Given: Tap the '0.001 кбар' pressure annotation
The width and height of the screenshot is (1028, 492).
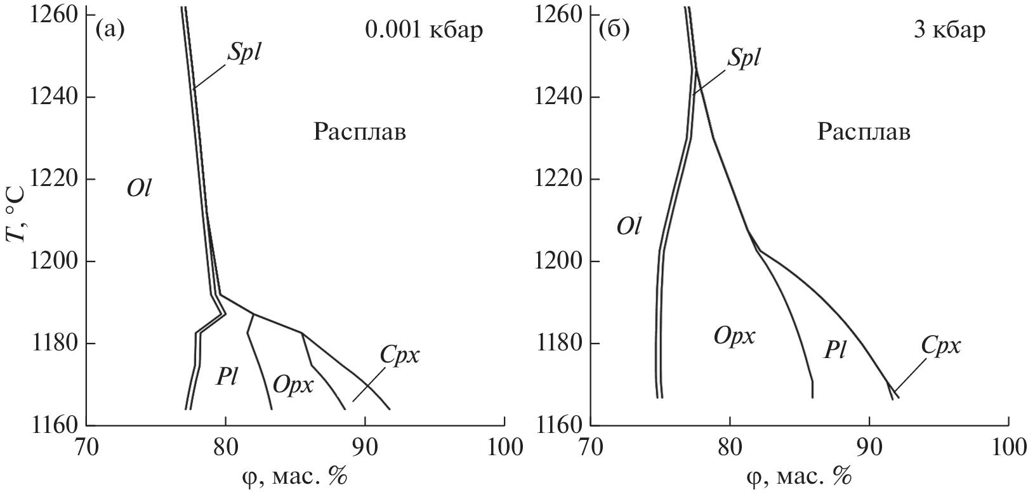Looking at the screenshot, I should click(x=423, y=30).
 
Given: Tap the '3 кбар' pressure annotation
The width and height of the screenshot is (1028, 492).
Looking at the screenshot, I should click(x=949, y=30).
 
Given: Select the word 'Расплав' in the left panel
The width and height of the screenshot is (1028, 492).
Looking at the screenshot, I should click(x=359, y=133).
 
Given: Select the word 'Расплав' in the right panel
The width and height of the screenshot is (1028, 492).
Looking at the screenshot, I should click(x=864, y=133).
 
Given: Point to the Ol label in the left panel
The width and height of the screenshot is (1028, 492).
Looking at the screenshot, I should click(x=139, y=189).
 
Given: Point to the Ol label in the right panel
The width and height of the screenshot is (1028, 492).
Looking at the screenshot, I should click(x=628, y=227).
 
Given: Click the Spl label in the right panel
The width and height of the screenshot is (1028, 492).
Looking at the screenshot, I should click(x=744, y=57).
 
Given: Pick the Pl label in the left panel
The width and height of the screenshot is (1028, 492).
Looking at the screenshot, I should click(x=227, y=378).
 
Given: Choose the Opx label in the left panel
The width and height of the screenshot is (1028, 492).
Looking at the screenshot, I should click(x=293, y=385).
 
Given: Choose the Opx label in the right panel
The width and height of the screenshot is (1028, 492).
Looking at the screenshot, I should click(x=734, y=336).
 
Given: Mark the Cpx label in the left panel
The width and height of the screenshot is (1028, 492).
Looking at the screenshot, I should click(x=400, y=355).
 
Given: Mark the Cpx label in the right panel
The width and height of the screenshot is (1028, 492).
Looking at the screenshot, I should click(x=941, y=346).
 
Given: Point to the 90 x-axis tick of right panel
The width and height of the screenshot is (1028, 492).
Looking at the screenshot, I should click(x=869, y=446).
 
